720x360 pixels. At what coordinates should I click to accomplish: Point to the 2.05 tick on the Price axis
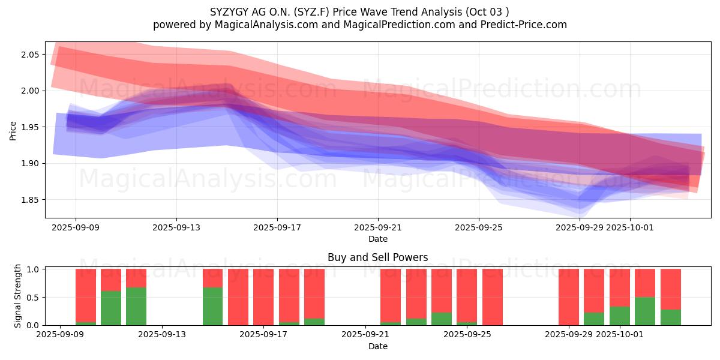pos(31,55)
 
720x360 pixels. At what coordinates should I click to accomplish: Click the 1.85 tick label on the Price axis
pos(31,200)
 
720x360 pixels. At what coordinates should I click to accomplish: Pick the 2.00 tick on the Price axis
pos(31,91)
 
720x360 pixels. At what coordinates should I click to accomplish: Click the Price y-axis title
pos(13,130)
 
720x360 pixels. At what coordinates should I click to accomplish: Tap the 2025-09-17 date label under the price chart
pos(277,228)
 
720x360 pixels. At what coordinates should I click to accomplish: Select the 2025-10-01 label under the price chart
pos(630,228)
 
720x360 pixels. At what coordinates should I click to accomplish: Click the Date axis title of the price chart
pos(378,239)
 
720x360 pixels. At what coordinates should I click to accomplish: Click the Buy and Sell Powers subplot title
pos(378,257)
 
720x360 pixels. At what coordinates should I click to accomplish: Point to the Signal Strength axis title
pos(18,296)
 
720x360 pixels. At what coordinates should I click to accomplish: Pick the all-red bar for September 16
pos(238,297)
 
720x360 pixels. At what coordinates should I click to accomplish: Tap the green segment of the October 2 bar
pos(645,311)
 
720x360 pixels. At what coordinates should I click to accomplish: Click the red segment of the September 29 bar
pos(569,297)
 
